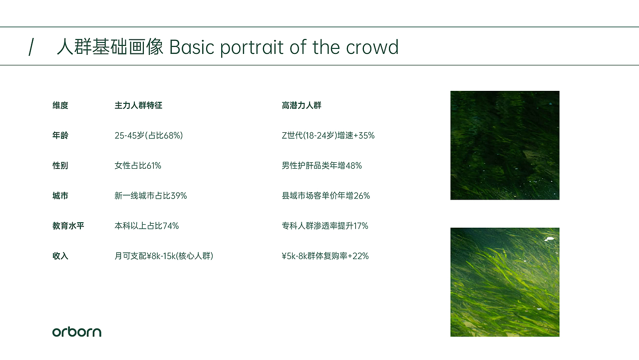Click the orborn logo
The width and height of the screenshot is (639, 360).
77,332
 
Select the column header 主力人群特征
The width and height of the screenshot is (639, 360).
138,105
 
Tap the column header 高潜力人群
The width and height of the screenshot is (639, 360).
302,105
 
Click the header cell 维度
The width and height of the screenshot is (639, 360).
60,105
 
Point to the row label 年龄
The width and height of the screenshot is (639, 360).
60,135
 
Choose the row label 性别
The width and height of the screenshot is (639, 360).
60,165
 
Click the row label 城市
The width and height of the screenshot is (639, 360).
60,196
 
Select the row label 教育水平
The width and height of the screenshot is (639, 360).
68,226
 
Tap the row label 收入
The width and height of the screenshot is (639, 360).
60,256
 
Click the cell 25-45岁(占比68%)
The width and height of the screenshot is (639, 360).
149,135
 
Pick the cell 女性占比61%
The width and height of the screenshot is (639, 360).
138,165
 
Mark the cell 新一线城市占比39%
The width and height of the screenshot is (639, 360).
151,196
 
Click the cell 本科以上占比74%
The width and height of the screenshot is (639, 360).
147,226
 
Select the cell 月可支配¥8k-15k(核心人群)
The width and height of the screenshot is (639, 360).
164,256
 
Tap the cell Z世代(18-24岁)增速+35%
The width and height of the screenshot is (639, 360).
328,135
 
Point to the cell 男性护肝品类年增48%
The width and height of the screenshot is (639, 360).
322,165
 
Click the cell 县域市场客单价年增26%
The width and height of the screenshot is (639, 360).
326,196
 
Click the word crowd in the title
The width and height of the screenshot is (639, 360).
372,47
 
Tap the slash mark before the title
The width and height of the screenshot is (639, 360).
31,47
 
